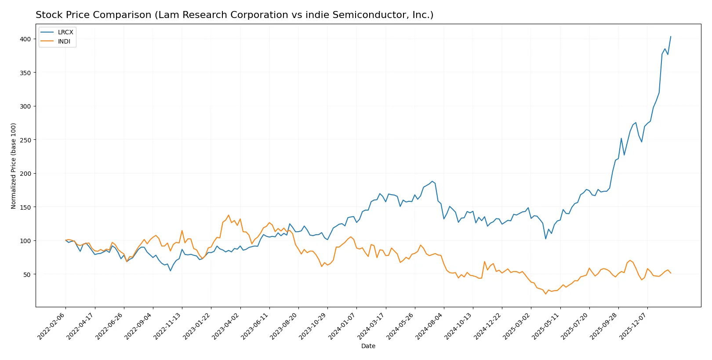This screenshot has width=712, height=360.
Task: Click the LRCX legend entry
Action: [x=65, y=32]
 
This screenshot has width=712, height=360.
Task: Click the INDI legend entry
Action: [x=64, y=41]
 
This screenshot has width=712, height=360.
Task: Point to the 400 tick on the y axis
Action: [x=25, y=39]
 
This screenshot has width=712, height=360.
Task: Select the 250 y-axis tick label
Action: [x=25, y=140]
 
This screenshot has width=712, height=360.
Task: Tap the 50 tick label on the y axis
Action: [x=27, y=274]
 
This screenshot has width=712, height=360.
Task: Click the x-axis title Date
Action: [x=368, y=346]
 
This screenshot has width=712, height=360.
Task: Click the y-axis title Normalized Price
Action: [x=13, y=166]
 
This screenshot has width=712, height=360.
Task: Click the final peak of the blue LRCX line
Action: [x=670, y=36]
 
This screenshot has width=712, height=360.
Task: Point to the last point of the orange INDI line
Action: [x=671, y=273]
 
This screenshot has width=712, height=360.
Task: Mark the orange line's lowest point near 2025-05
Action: [x=545, y=294]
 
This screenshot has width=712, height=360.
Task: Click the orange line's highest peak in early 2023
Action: [x=229, y=215]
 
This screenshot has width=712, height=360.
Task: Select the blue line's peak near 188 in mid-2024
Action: [x=432, y=181]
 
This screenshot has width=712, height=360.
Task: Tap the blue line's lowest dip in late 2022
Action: [x=171, y=270]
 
